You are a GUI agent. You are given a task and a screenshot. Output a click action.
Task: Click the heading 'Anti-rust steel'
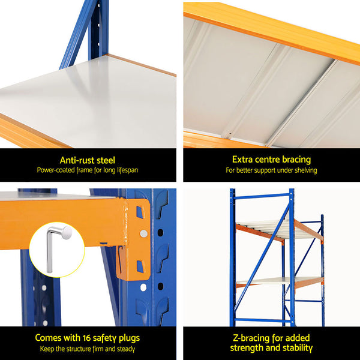point(88,160)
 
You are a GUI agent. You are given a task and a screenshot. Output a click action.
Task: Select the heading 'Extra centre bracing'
point(271,160)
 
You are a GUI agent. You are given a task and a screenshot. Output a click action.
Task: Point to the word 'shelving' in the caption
point(304,170)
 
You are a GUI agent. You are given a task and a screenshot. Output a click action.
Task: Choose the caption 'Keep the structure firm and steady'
point(88,349)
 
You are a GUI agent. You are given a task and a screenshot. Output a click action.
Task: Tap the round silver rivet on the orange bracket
point(143,233)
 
